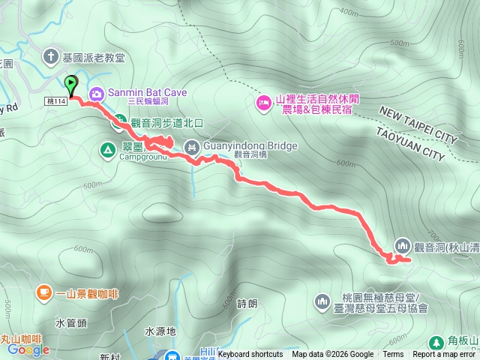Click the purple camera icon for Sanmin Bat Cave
pyautogui.click(x=97, y=94)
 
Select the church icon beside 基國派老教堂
pyautogui.click(x=51, y=56)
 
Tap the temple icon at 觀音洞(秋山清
pyautogui.click(x=401, y=246)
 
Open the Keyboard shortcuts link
pyautogui.click(x=250, y=355)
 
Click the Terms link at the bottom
pyautogui.click(x=393, y=355)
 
